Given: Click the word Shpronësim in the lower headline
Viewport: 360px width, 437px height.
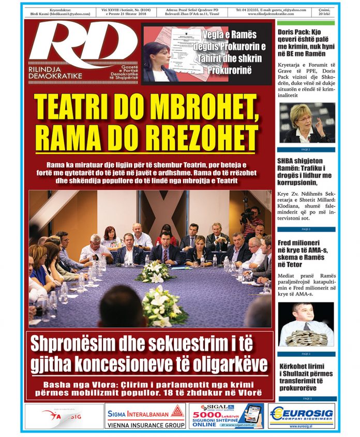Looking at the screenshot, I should point(78,344).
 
